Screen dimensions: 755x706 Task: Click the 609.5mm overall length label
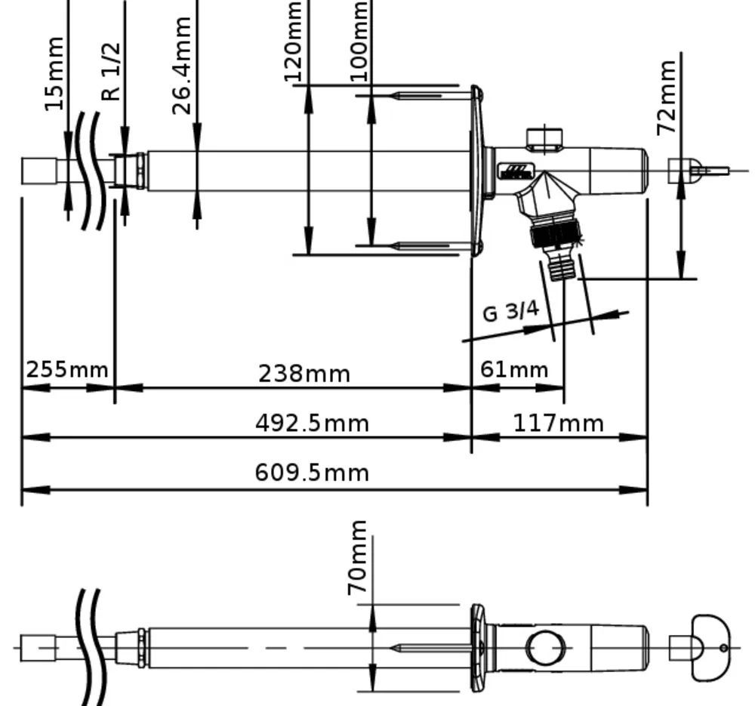312,473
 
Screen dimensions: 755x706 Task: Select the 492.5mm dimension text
312,424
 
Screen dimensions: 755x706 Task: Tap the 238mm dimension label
304,374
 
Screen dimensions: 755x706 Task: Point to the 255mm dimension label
67,370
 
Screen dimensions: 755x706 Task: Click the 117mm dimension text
558,424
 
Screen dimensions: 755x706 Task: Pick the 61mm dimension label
514,369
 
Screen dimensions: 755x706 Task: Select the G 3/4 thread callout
511,311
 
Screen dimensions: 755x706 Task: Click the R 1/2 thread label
111,72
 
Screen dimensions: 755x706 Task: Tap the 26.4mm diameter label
182,66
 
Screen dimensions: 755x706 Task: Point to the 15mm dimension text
54,73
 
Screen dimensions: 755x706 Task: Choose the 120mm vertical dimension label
292,41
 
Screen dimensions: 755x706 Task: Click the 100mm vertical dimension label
359,41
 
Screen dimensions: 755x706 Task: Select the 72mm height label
667,97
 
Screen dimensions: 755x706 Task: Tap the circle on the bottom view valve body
546,648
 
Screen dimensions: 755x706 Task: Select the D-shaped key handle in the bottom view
711,648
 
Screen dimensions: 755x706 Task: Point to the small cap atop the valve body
544,137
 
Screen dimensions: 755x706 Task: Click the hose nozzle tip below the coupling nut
562,267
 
